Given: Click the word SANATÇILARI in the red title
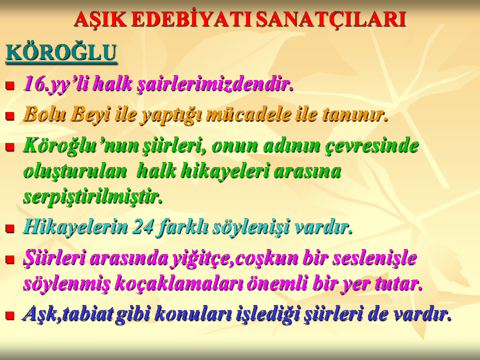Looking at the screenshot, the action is [x=331, y=19].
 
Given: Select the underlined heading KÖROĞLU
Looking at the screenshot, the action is [x=61, y=52].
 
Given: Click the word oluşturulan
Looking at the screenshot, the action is [x=75, y=171].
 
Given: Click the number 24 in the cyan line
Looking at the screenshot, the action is [x=142, y=227].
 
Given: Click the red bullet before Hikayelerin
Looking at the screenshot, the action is [x=10, y=228].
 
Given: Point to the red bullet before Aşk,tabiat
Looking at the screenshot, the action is [x=10, y=315].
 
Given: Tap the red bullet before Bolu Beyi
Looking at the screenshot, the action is [x=10, y=115].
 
